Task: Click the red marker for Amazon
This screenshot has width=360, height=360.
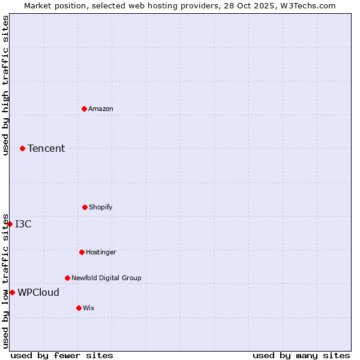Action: click(84, 109)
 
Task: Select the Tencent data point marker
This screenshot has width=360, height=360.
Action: click(22, 148)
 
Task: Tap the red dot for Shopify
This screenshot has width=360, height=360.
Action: click(85, 207)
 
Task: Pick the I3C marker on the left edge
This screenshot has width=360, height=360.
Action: click(10, 224)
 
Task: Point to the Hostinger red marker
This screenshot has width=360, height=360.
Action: click(82, 252)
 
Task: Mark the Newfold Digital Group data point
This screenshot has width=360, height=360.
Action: click(67, 278)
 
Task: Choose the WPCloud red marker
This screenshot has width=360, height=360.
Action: click(12, 292)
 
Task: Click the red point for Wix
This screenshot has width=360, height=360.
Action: click(79, 308)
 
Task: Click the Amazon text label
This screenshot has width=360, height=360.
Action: click(101, 109)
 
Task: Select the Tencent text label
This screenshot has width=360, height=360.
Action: click(46, 148)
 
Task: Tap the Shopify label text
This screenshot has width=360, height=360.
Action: click(101, 207)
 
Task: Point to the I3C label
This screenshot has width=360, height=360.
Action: click(23, 224)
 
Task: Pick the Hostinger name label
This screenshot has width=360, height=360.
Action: click(101, 252)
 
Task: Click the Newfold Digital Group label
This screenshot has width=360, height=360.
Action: click(106, 278)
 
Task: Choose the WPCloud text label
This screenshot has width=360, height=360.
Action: click(38, 292)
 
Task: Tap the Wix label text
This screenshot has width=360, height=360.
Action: click(89, 308)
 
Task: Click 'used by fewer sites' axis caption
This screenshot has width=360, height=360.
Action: click(62, 355)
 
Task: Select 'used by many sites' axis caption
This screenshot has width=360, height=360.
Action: click(301, 355)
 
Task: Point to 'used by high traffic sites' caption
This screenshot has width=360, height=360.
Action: click(5, 85)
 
